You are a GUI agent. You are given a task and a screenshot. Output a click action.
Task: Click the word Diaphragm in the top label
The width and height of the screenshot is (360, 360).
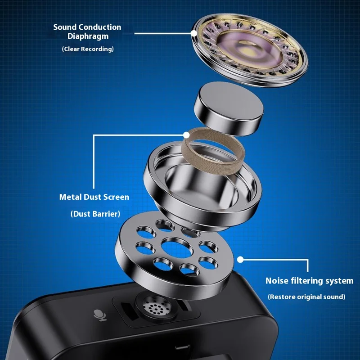[88, 37]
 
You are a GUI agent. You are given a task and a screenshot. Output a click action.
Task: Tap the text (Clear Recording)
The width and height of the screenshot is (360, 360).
[88, 49]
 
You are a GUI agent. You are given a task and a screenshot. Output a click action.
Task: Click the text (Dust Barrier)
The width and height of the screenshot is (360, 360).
[95, 214]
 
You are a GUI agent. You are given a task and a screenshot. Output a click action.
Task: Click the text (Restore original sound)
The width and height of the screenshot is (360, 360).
[306, 297]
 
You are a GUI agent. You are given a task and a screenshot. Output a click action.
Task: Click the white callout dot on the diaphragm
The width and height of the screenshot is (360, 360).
[194, 33]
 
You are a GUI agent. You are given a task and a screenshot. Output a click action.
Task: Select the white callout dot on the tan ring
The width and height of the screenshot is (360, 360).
[186, 135]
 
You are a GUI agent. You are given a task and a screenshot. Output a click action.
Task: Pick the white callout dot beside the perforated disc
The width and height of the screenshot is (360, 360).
[240, 260]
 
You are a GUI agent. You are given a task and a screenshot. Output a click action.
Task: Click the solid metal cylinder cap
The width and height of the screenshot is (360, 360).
[229, 108]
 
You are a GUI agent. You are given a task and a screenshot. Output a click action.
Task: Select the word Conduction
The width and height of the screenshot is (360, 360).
[100, 27]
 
